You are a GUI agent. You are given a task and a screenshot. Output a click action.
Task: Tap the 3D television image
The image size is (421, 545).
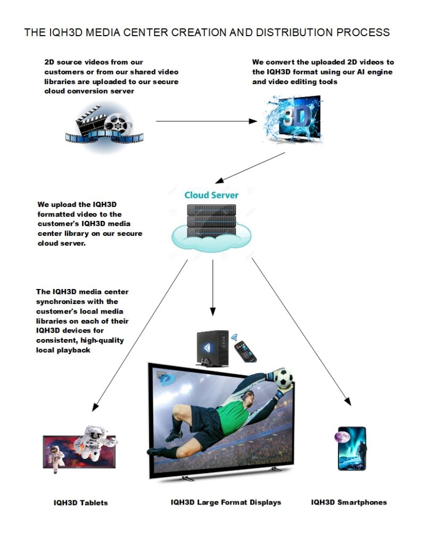[294, 120]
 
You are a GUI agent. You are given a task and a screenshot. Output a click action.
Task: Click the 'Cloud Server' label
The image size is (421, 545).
[211, 195]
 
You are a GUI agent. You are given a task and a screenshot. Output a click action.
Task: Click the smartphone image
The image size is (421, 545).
[352, 448]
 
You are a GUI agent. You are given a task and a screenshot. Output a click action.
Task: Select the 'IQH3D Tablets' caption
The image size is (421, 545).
[80, 502]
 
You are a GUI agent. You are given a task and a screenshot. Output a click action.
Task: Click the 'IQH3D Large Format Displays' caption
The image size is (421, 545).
[226, 502]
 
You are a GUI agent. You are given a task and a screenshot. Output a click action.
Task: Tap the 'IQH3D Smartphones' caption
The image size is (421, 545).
[349, 502]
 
